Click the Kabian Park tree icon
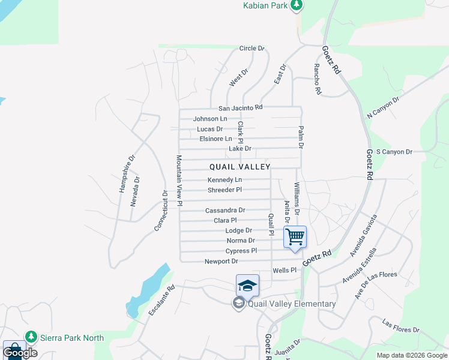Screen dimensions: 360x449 296,5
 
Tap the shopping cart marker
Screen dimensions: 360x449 295,236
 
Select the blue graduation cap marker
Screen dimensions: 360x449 247,285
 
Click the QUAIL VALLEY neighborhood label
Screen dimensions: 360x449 240,167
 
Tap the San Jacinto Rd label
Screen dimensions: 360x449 240,108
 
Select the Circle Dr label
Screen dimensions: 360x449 252,48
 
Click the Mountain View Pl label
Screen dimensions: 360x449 179,181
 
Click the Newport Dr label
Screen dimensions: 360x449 221,262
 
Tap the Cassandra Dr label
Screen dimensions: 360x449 225,211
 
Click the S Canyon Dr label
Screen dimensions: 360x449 394,152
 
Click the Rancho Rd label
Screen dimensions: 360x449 318,80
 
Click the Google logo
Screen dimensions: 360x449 20,352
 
